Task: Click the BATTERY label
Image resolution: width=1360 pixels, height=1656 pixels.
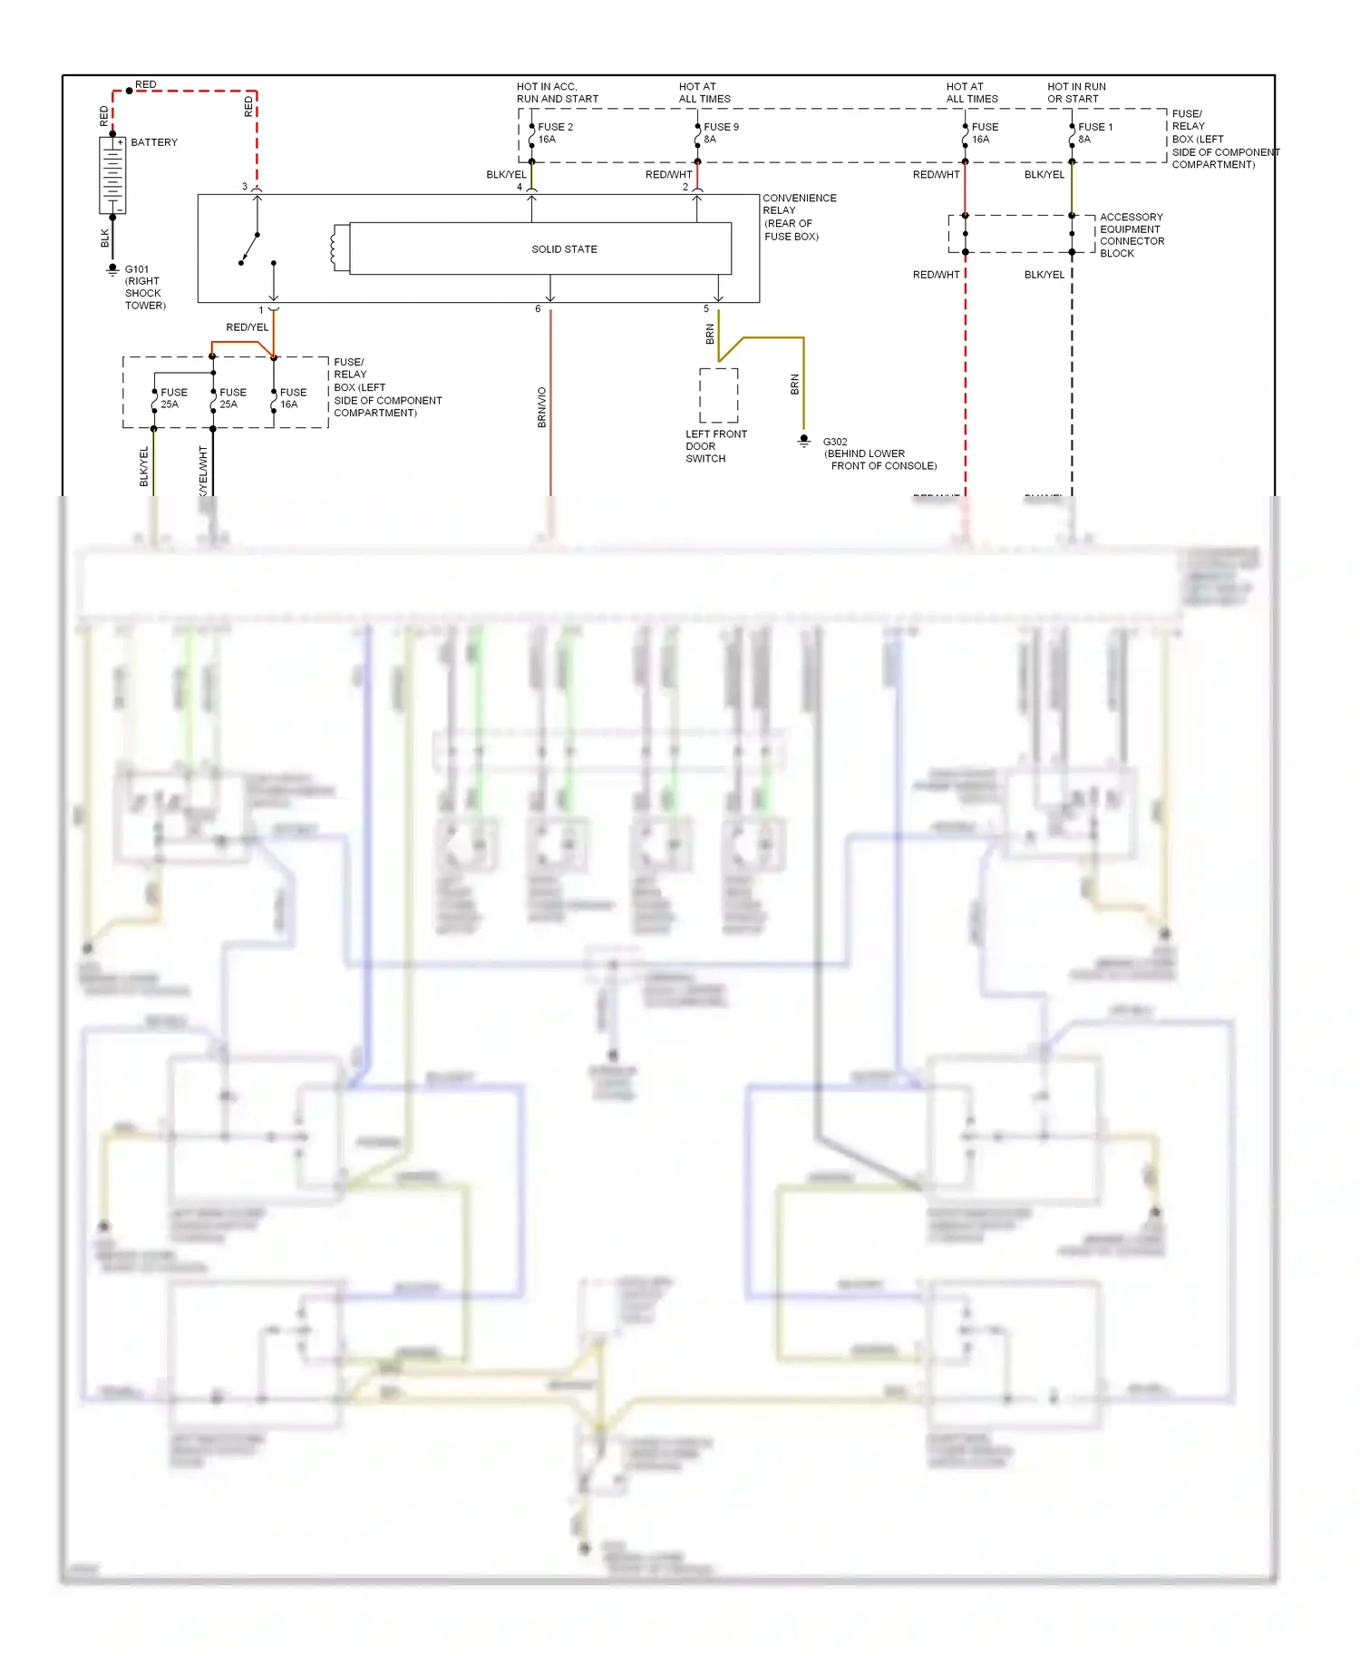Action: [154, 142]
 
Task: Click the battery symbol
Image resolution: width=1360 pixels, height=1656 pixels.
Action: [112, 176]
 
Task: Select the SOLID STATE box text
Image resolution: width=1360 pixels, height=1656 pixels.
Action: [564, 249]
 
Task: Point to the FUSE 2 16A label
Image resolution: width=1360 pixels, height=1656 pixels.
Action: [555, 133]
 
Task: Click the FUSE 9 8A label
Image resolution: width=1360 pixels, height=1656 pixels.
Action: [721, 133]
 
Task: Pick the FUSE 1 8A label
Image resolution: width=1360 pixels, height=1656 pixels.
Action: [1094, 133]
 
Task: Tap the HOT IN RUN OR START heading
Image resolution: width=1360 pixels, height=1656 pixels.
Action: [1076, 93]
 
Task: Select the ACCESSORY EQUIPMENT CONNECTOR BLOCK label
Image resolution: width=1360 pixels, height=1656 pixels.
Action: [1132, 235]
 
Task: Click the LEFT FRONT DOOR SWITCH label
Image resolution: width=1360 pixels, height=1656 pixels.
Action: [715, 446]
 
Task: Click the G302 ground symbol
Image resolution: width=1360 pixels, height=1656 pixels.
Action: [803, 441]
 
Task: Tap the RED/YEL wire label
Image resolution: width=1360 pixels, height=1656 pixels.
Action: [247, 327]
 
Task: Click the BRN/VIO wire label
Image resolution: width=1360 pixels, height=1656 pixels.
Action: [542, 407]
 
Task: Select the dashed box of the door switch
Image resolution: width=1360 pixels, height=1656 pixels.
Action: [718, 395]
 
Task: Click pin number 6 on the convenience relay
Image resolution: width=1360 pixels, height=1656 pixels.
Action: [538, 309]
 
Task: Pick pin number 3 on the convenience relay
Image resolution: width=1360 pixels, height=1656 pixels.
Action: [244, 187]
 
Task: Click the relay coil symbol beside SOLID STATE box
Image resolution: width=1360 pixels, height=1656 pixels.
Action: [339, 248]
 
